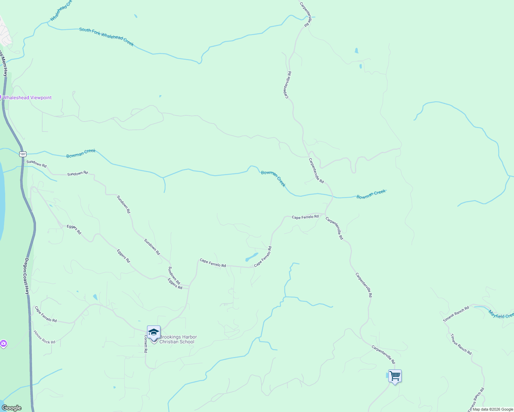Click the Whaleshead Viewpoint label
27,98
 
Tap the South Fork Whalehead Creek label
106,37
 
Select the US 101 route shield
23,154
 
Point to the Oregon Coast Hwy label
26,276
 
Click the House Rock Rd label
44,337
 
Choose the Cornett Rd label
146,344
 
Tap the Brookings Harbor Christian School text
178,339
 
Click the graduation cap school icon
154,332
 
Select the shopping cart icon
395,376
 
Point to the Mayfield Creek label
501,314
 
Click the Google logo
11,408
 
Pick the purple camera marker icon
3,343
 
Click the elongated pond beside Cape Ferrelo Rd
252,257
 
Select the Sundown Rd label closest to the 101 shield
36,163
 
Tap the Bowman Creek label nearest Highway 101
81,153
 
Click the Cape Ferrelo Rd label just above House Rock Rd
46,314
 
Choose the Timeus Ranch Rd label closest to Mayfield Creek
456,314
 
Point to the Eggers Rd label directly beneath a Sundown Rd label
175,284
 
